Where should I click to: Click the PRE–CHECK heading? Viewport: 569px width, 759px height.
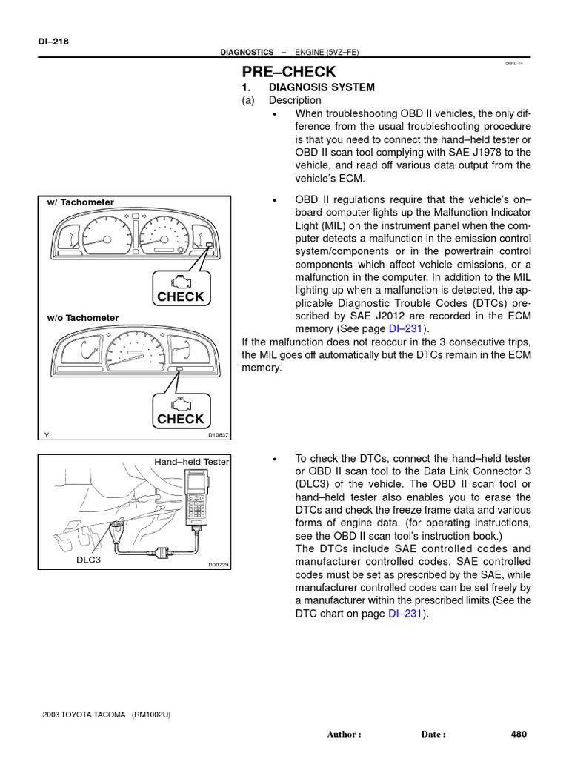point(289,72)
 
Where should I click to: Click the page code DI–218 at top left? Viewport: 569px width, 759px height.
point(53,42)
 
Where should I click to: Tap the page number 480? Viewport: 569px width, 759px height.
point(519,735)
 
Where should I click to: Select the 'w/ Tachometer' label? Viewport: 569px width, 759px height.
point(80,202)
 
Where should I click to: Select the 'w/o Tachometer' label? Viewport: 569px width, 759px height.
point(82,318)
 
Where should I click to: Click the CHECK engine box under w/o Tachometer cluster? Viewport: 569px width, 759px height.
point(180,411)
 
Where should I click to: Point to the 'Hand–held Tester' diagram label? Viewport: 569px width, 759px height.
point(191,462)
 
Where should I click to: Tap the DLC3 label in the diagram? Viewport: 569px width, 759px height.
point(88,560)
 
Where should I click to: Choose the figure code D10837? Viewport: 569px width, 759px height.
point(219,435)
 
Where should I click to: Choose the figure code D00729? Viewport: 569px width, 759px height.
point(219,565)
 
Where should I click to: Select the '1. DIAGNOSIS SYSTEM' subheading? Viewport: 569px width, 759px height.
point(308,87)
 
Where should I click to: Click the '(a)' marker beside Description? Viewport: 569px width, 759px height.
point(248,100)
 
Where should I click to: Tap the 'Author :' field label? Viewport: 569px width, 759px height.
point(344,735)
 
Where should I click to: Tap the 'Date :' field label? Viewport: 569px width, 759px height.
point(433,735)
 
